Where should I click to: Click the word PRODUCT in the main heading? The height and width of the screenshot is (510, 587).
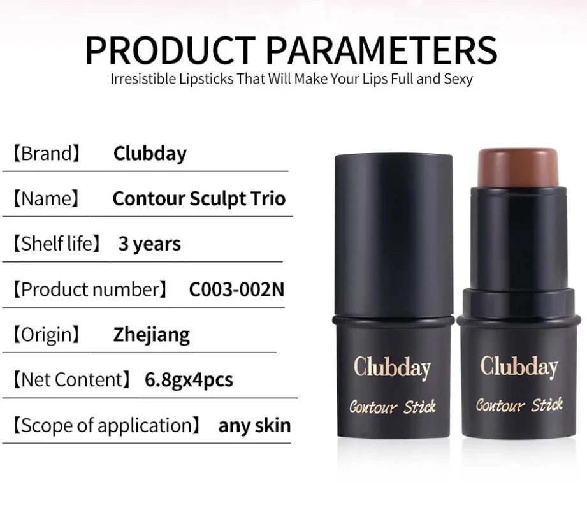pos(170,50)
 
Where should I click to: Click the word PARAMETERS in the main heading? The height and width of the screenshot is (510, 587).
pos(382,50)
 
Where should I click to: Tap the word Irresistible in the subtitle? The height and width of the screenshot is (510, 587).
pos(143,78)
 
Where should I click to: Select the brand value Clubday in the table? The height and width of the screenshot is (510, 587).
pos(150,154)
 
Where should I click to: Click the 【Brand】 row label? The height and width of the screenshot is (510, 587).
pos(47,154)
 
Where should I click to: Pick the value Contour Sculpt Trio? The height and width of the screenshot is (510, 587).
pos(199,199)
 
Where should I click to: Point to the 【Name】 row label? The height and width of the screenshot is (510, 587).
pos(46,199)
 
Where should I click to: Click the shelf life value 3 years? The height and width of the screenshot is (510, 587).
pos(150,244)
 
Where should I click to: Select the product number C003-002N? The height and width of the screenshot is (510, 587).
pos(236,289)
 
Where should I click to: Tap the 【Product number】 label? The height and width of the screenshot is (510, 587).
pos(90,289)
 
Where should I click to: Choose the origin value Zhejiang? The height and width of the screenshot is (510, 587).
pos(152,335)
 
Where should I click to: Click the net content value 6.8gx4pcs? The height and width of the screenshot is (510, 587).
pos(189,380)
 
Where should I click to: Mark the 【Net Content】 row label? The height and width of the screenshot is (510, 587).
pos(72,380)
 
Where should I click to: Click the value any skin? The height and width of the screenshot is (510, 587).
pos(254,426)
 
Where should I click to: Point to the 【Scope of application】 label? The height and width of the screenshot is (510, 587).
pos(106,426)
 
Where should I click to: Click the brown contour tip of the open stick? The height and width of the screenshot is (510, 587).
pos(518,168)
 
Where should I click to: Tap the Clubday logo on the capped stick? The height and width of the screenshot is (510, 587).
pos(392,368)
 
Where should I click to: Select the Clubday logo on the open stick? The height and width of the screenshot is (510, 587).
pos(519,366)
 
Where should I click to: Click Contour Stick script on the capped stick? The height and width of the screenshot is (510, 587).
pos(393,407)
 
